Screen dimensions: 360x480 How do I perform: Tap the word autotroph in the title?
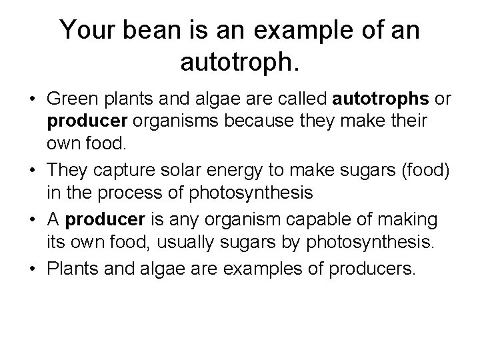[239, 63]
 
